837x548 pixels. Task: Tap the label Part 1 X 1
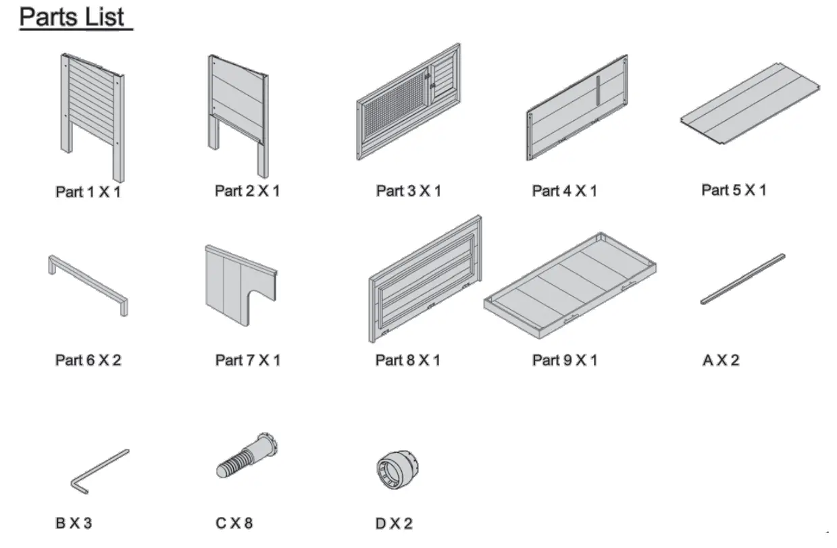tap(88, 192)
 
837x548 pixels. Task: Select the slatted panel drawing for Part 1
tap(92, 101)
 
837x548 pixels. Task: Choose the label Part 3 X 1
tap(408, 191)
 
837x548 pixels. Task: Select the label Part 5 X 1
tap(734, 190)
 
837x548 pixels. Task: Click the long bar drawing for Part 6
tap(88, 283)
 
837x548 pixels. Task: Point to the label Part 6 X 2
tap(88, 360)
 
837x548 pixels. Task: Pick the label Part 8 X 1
tap(407, 360)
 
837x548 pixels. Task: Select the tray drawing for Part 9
tap(571, 283)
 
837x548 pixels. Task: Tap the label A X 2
tap(721, 360)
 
